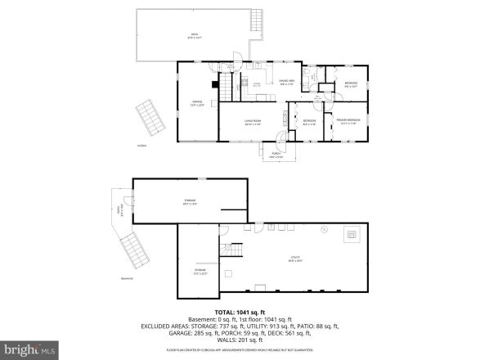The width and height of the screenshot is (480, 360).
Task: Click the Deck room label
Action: point(193,35)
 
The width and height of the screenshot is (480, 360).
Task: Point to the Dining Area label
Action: point(287,82)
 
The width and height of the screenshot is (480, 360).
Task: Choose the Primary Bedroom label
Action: point(348,121)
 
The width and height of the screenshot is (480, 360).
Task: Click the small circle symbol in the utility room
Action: point(325,232)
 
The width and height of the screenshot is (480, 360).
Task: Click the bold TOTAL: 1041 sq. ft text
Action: point(240,313)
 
